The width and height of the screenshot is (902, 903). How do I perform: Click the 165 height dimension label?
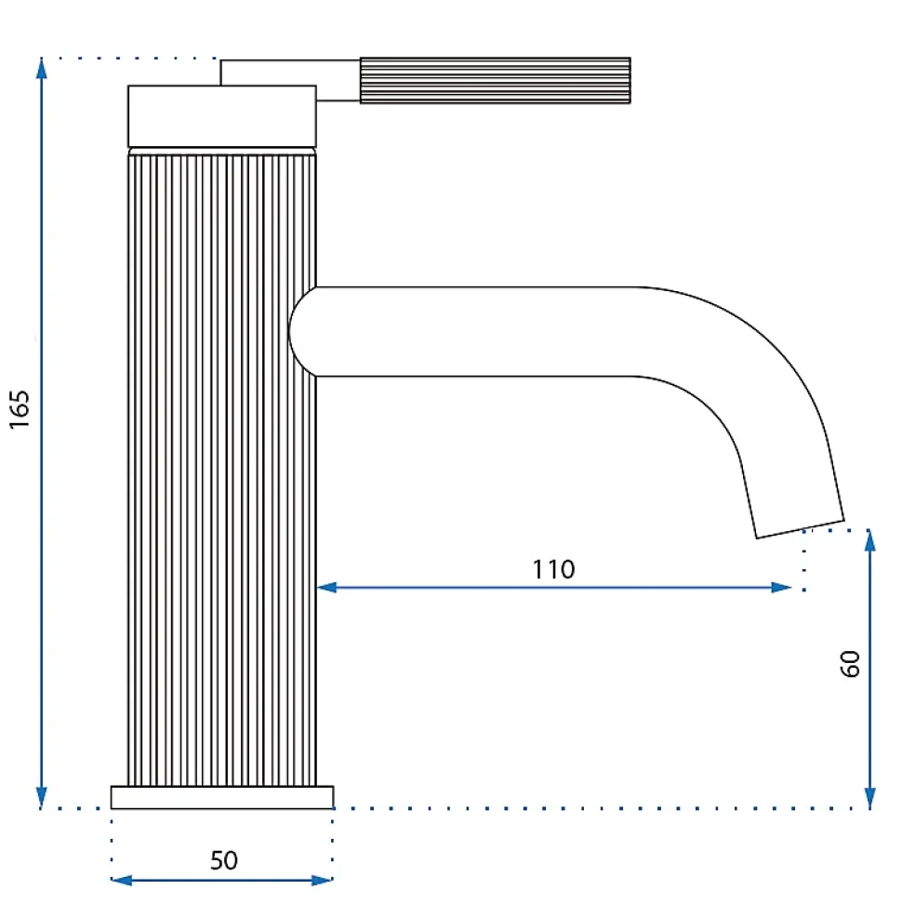tap(20, 409)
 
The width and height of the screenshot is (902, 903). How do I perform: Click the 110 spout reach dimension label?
tap(553, 569)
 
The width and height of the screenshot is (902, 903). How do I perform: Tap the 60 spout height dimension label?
tap(850, 664)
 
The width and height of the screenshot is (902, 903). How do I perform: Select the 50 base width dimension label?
tap(223, 860)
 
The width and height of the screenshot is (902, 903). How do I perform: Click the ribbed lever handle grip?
tap(496, 81)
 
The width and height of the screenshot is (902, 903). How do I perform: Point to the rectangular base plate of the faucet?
tap(222, 798)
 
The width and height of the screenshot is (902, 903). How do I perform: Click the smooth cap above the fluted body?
tap(222, 116)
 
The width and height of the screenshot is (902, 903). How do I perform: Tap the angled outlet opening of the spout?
tap(800, 528)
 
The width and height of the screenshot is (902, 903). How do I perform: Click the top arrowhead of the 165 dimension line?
tap(42, 68)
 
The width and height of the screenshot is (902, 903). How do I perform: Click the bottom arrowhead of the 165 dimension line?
tap(42, 798)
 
